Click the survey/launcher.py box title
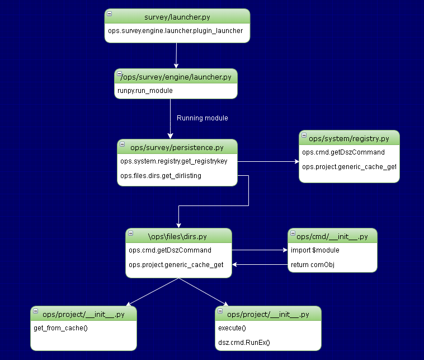click(177, 17)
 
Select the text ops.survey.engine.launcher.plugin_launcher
click(176, 31)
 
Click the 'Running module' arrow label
click(202, 118)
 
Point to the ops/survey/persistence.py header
click(177, 148)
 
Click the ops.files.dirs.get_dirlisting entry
click(161, 176)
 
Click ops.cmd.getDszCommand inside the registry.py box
click(343, 152)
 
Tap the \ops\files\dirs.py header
click(177, 236)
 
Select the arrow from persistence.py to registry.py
click(268, 161)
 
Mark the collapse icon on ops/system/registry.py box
click(304, 134)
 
